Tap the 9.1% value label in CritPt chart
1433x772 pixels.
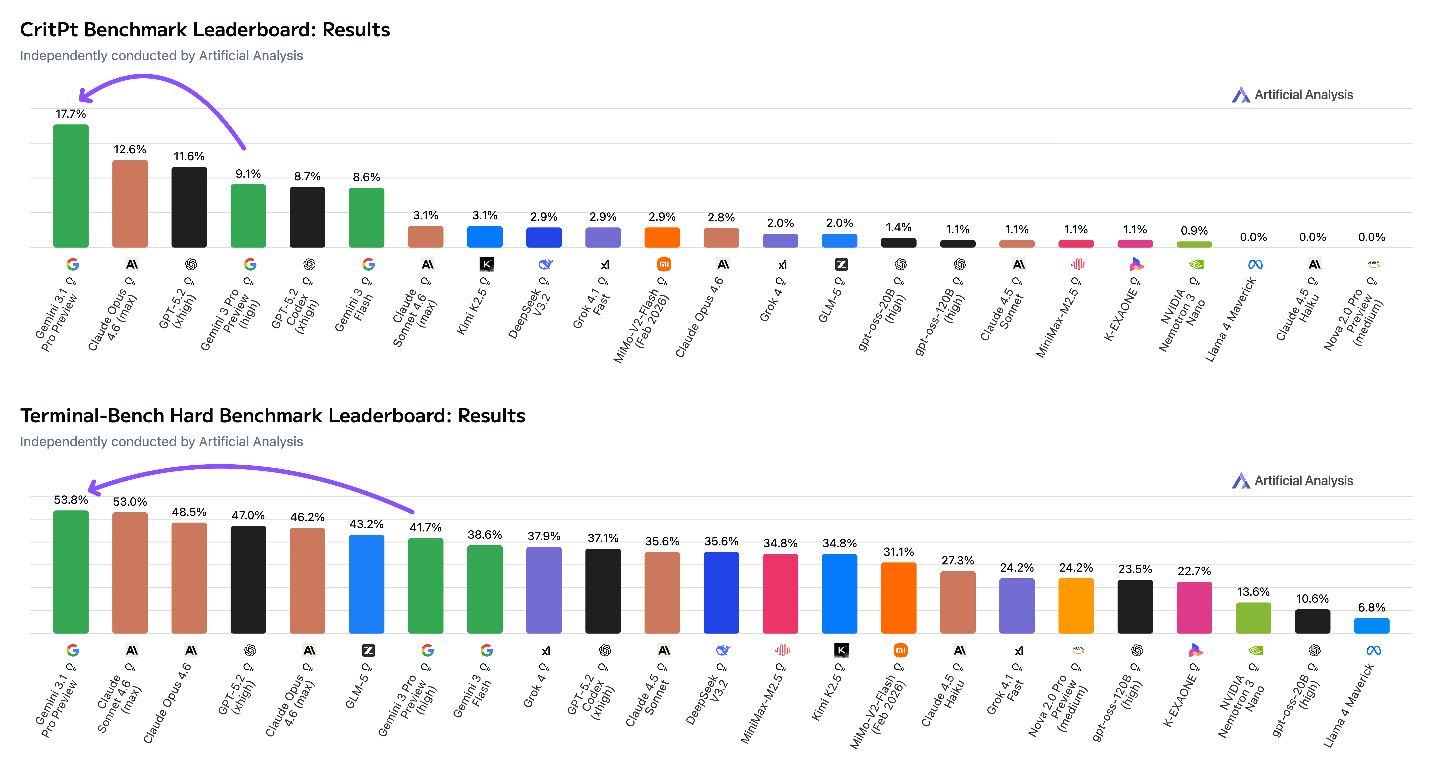coord(248,174)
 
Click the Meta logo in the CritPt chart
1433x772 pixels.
coord(1255,264)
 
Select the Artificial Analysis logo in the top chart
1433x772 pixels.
coord(1241,95)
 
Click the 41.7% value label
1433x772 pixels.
coord(426,527)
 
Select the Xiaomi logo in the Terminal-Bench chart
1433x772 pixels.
coord(900,650)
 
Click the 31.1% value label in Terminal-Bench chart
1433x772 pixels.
coord(898,552)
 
